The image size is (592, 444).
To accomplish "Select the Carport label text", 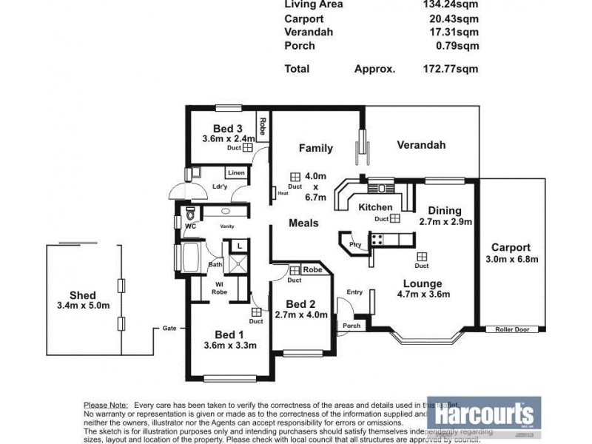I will click(511, 247).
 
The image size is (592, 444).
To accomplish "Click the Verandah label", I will click(420, 145).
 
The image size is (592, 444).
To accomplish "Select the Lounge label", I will click(423, 283).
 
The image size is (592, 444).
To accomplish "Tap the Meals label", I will click(303, 223).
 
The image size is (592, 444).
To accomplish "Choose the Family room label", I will click(315, 148).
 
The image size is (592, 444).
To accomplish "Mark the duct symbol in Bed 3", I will click(249, 147).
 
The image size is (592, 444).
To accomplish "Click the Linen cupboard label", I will click(235, 172).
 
